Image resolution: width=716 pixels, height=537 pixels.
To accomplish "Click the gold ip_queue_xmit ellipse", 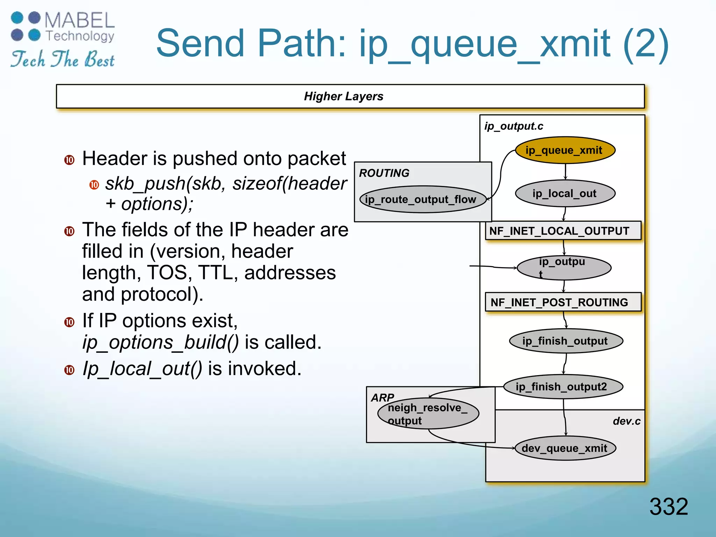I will coord(565,150).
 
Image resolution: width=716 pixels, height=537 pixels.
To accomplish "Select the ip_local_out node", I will coord(565,194).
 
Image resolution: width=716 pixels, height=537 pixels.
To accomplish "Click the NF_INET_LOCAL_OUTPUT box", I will coord(563,231).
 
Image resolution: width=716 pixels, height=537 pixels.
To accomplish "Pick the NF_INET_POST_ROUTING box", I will coord(563,302).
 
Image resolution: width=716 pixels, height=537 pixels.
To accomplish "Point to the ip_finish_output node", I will coord(566,341).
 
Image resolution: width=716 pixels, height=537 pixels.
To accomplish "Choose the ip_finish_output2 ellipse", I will coord(564,387).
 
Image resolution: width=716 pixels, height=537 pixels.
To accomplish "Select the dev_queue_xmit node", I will coord(565,448).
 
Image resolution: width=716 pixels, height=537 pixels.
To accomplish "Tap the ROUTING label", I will coord(384,173).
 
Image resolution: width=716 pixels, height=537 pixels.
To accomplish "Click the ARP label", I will coord(382,397).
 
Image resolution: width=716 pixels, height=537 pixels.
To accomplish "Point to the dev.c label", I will coord(626,421).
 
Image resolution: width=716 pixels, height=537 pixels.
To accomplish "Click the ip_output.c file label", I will coord(513,126).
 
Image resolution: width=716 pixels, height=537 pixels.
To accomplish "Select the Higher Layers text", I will coord(343,96).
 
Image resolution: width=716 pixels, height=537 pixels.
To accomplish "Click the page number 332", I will coord(668,506).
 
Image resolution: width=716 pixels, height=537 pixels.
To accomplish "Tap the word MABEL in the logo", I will coord(80,20).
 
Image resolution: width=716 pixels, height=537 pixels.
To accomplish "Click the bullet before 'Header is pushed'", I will coord(69,160).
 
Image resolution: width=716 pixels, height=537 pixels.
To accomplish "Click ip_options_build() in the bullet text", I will coord(160,342).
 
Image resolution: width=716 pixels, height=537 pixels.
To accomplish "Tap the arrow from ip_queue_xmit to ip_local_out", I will coord(565,172).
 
